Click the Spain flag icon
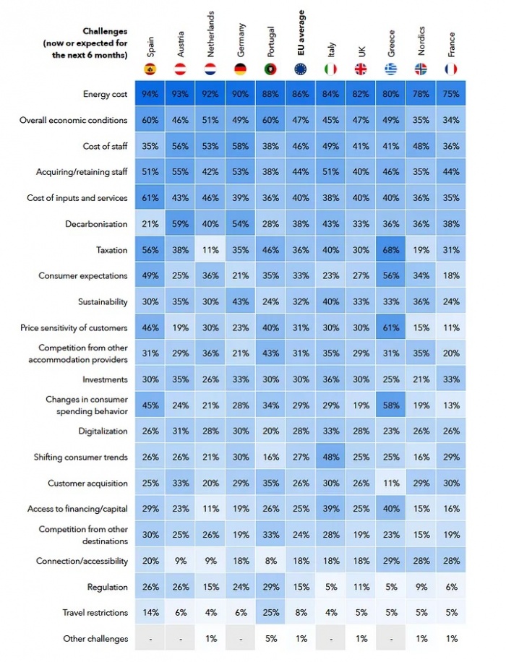[x=150, y=69]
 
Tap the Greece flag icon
[x=390, y=69]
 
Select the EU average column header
[x=301, y=33]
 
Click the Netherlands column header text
[x=210, y=34]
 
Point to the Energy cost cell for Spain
[x=150, y=93]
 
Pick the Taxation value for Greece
[x=390, y=250]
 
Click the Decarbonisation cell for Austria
[x=180, y=224]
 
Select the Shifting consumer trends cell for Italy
[x=331, y=457]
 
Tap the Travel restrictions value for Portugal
[x=271, y=612]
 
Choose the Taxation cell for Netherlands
[x=210, y=250]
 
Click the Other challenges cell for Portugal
[x=271, y=638]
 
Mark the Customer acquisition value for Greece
[x=390, y=483]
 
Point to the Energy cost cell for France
[x=451, y=93]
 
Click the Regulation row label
[x=107, y=587]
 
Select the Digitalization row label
[x=103, y=431]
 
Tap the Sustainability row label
[x=103, y=302]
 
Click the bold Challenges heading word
[x=105, y=31]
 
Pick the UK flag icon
[x=361, y=69]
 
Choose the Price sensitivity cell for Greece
[x=390, y=327]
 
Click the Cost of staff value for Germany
[x=240, y=146]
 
